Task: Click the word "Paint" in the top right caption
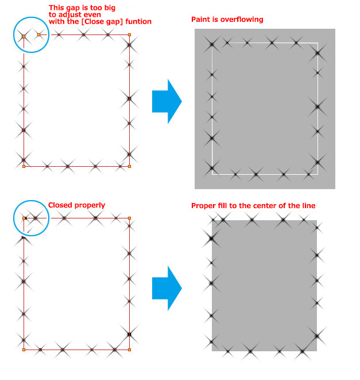tap(200, 20)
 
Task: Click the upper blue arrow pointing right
tap(167, 102)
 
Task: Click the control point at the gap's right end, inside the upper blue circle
tap(38, 34)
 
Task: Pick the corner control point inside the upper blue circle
tap(24, 36)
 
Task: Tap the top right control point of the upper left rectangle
tap(129, 34)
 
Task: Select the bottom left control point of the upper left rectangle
tap(24, 166)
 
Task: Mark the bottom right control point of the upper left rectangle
tap(129, 166)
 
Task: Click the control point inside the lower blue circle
tap(24, 218)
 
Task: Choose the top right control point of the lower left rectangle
tap(129, 218)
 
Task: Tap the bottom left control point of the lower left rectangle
tap(24, 349)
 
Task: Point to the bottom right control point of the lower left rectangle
tap(129, 349)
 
